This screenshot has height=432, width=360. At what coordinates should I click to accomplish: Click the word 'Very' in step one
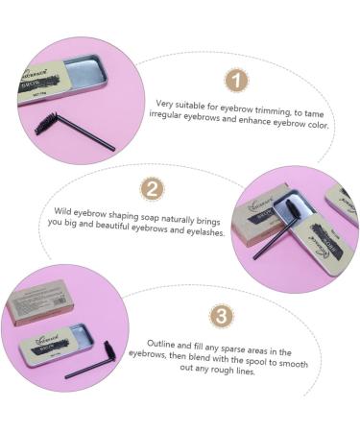[x=166, y=102]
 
